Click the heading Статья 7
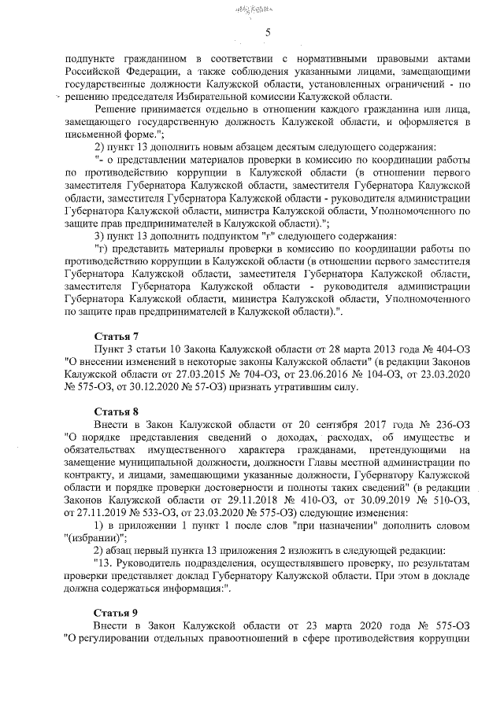tap(117, 335)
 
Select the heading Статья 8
tap(117, 411)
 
